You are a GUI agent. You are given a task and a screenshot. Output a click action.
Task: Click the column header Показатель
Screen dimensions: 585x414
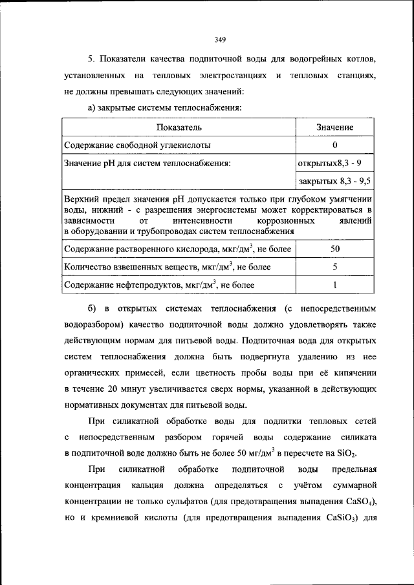click(x=179, y=127)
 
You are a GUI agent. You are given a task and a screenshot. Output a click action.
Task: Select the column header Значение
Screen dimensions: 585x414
click(x=334, y=127)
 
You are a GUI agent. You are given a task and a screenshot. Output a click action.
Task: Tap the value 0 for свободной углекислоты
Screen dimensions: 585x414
click(x=334, y=145)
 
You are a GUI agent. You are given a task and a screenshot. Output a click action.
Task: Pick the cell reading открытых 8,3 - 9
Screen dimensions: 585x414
click(x=334, y=163)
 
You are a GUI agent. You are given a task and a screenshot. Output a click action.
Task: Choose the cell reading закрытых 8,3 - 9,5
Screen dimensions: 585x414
click(x=334, y=182)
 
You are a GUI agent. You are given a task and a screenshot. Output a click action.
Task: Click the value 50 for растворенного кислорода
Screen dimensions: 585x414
click(x=334, y=248)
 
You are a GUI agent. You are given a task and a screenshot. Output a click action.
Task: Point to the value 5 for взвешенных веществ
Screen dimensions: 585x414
click(x=334, y=266)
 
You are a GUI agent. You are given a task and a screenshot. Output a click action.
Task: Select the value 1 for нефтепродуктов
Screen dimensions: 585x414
click(x=334, y=284)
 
